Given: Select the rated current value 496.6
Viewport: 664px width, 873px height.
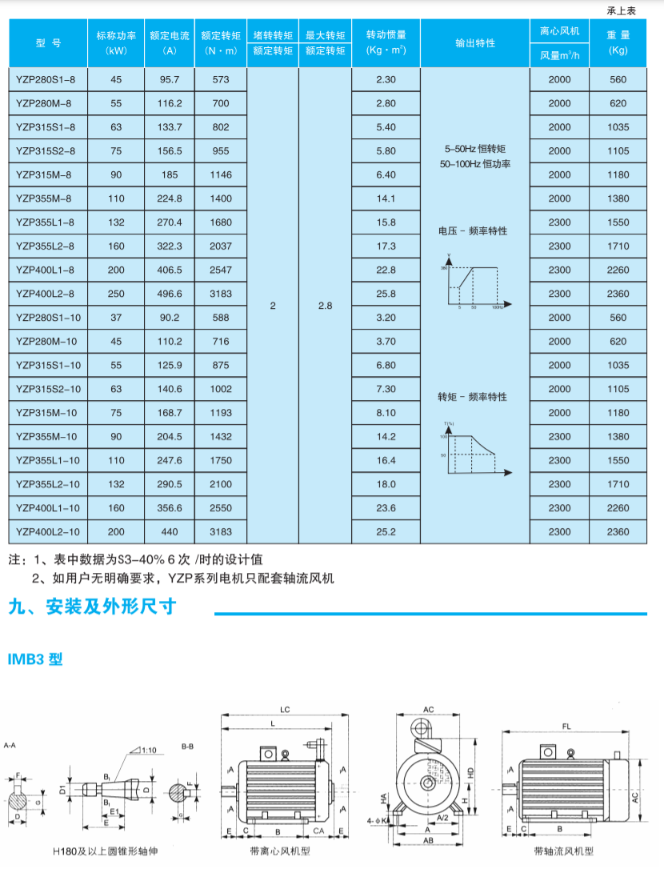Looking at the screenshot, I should pyautogui.click(x=170, y=294).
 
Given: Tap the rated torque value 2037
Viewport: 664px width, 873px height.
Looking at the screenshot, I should pyautogui.click(x=220, y=246).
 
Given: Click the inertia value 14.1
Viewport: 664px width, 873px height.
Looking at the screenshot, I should pyautogui.click(x=386, y=198).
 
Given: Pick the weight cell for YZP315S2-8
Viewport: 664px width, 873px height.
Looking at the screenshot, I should pyautogui.click(x=618, y=151).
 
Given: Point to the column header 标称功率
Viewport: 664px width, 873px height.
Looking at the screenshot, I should pyautogui.click(x=117, y=36).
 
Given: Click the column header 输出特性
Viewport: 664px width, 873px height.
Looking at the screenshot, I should pyautogui.click(x=475, y=43).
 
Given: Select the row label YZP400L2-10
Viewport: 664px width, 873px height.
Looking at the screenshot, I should pyautogui.click(x=48, y=532).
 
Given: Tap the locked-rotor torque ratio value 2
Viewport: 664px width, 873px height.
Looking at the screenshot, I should pyautogui.click(x=273, y=306).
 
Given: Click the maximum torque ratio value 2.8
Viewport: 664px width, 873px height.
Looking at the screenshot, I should pyautogui.click(x=325, y=306).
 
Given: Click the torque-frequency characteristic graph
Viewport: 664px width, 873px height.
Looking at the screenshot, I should pyautogui.click(x=475, y=448).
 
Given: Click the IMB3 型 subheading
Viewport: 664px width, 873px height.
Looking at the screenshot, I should pyautogui.click(x=35, y=660).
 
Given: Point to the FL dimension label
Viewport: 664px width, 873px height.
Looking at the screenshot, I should pyautogui.click(x=566, y=727).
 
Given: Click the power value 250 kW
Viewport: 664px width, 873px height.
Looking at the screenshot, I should pyautogui.click(x=117, y=294).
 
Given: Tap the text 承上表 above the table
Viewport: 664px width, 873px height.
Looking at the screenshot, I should pyautogui.click(x=621, y=10).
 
